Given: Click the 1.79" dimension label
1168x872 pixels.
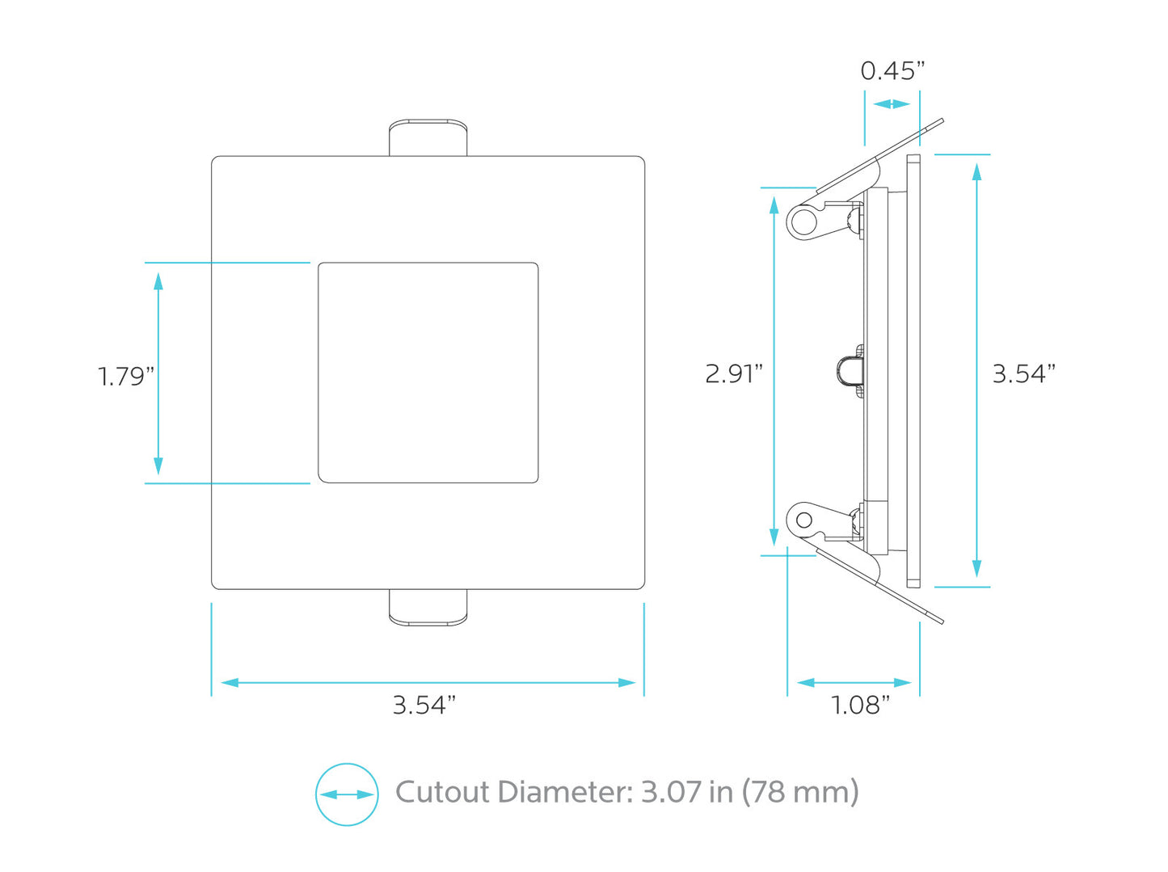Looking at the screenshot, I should point(126,377).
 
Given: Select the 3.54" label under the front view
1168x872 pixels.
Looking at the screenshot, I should point(424,705).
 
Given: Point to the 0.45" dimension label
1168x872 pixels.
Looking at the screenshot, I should point(892,71).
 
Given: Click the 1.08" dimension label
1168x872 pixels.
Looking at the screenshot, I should point(861,705).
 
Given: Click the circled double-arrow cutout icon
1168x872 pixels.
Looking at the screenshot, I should point(347,794).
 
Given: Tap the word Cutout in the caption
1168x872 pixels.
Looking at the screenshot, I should point(443,792).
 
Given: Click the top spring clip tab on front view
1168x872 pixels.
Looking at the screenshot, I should point(428,137).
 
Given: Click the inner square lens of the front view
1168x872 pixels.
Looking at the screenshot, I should point(428,373).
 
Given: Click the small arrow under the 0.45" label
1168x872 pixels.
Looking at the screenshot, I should point(892,103).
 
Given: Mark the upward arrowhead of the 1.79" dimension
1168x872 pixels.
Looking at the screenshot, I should point(158,280).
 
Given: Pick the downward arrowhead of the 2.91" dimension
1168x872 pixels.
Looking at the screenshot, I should point(774,537).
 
